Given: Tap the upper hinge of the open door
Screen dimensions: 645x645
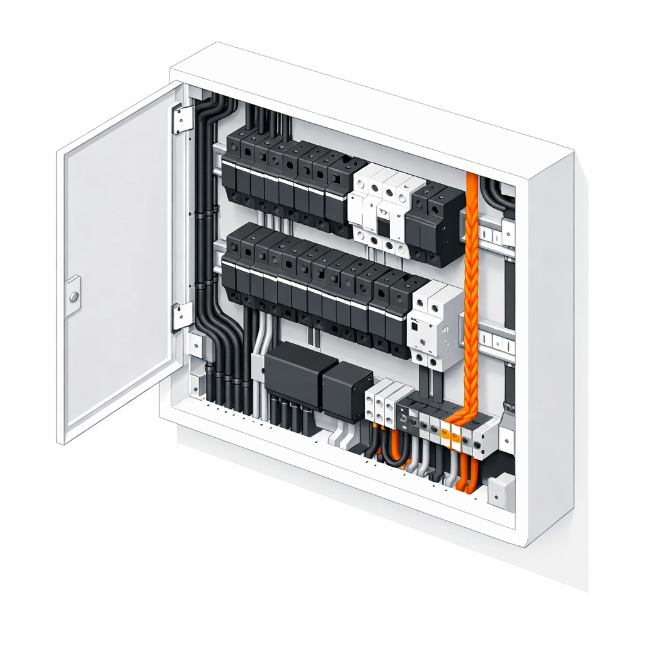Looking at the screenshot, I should click(x=183, y=118).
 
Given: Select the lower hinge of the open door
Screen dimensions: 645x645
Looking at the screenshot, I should click(x=182, y=315).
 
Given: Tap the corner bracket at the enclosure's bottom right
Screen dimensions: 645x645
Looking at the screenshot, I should click(x=501, y=490).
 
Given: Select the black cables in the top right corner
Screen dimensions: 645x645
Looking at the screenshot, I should click(x=498, y=192).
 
